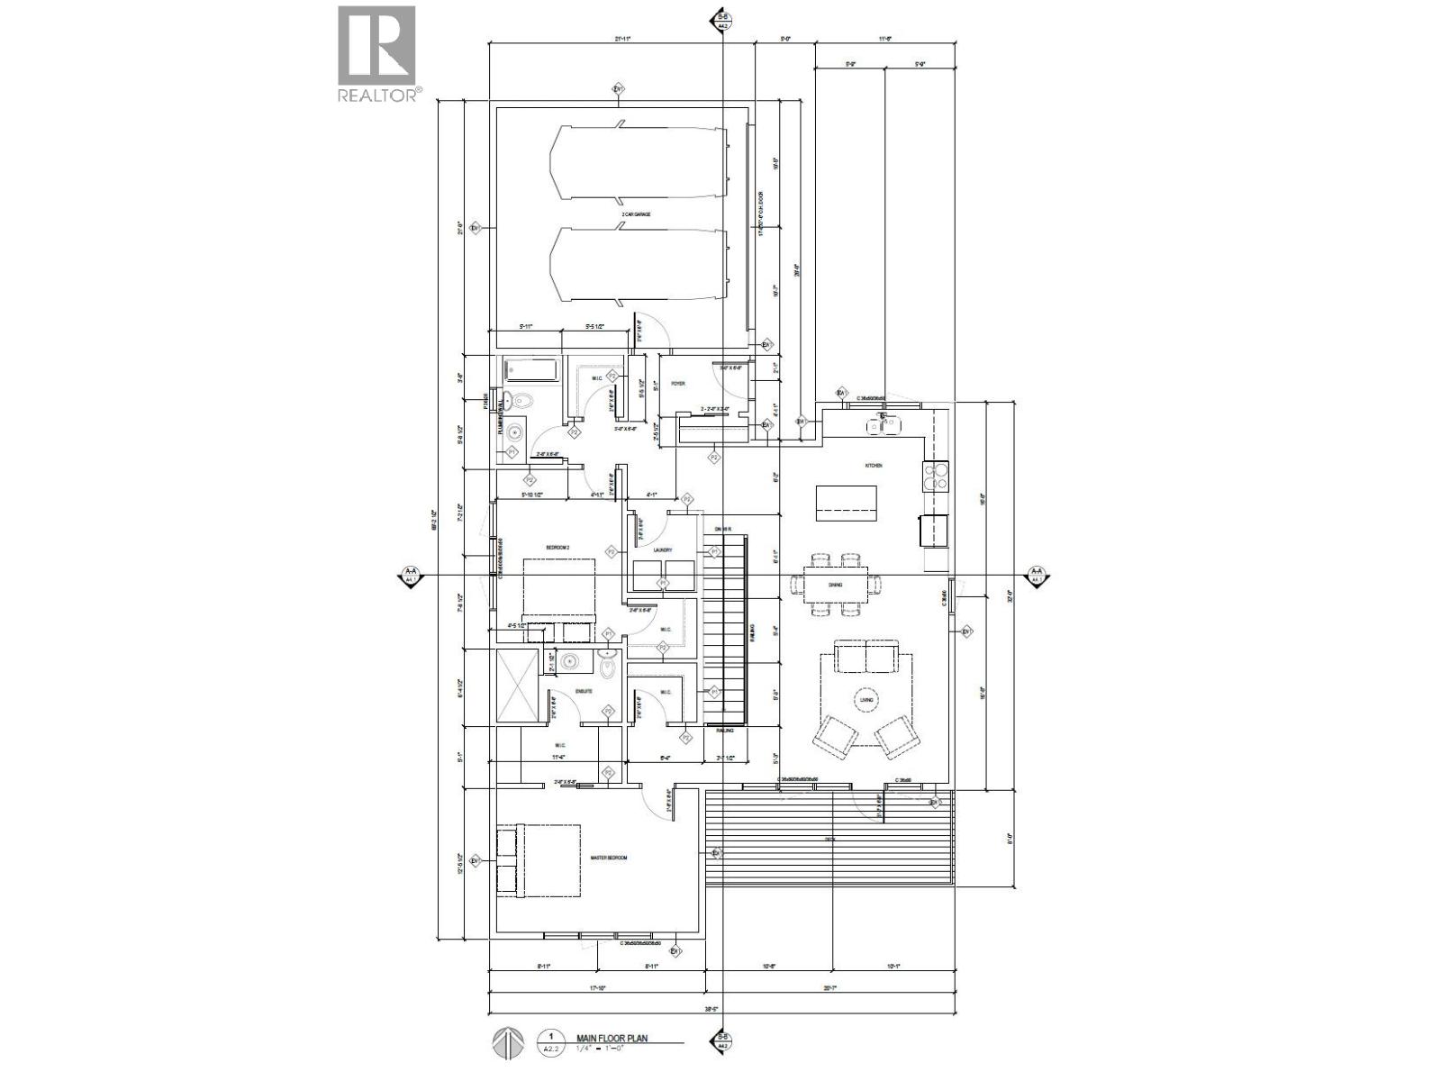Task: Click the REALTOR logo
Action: [x=376, y=54]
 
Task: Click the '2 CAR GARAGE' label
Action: [x=636, y=214]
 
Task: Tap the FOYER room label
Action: [x=677, y=384]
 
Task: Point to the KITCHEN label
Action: [x=873, y=466]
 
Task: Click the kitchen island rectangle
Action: [x=846, y=503]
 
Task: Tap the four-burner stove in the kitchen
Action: [x=936, y=474]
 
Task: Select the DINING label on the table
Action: [x=835, y=586]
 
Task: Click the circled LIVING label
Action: [x=866, y=700]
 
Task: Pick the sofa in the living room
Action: [x=866, y=657]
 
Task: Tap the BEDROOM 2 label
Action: [x=557, y=548]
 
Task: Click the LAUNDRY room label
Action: [x=665, y=550]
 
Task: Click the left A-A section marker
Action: [x=411, y=574]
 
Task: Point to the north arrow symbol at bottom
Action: [x=507, y=1043]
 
